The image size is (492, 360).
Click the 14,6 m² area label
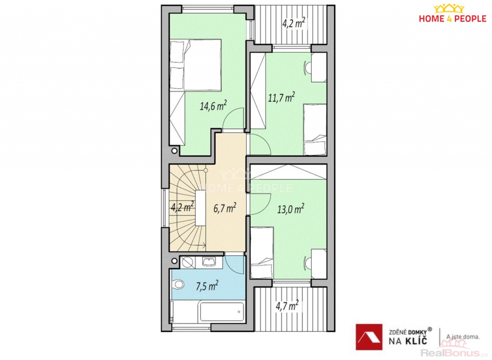[213, 106]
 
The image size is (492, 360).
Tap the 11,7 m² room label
[282, 97]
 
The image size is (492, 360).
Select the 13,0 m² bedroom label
[291, 209]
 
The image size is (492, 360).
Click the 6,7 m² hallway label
[225, 208]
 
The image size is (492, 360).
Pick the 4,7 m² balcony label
[287, 305]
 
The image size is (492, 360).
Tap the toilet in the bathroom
[178, 285]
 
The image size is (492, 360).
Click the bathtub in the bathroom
[222, 311]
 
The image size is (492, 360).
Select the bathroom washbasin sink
[209, 261]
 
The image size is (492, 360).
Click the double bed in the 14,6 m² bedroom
[196, 65]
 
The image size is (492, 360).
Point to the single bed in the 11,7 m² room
[315, 130]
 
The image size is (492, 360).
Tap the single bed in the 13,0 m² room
[262, 253]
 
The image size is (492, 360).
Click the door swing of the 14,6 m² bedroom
[233, 118]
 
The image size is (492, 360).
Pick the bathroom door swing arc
[234, 266]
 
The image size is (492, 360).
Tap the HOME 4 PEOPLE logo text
[453, 19]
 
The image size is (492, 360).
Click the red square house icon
[369, 337]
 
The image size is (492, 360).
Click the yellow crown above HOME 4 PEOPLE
[449, 8]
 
